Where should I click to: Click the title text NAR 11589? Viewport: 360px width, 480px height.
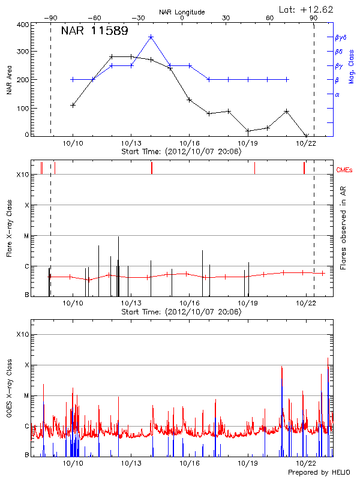pos(94,31)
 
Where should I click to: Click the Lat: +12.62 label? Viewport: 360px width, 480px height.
pos(307,9)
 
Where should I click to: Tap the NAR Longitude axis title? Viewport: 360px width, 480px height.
pos(182,11)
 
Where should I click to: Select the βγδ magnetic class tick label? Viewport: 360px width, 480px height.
pos(341,37)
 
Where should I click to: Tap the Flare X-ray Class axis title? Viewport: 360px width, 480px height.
pos(9,228)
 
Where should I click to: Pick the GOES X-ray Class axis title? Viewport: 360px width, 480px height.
pos(9,392)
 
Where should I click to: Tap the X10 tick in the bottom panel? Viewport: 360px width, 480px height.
pos(22,334)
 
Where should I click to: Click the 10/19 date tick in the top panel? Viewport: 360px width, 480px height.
pos(248,143)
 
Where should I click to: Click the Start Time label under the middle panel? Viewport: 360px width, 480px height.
pos(181,312)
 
